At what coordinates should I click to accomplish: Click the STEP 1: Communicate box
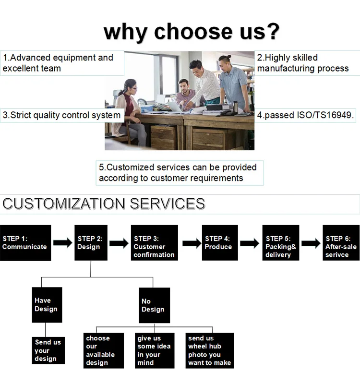(x=25, y=243)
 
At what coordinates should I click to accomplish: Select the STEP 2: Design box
(x=91, y=243)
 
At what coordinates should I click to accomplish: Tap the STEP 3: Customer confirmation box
(x=154, y=243)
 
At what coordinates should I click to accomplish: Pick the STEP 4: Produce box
(x=220, y=243)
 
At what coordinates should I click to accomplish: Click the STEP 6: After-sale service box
(x=341, y=243)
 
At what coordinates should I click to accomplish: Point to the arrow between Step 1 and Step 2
(x=62, y=243)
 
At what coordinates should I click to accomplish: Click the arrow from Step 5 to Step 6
(x=311, y=243)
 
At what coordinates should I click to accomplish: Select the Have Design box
(x=47, y=305)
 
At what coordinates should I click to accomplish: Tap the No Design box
(x=154, y=305)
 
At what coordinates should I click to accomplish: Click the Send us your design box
(x=48, y=350)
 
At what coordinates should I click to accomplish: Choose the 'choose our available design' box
(x=102, y=350)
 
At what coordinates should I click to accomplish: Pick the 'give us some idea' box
(x=155, y=350)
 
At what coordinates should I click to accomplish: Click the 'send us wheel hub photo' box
(x=210, y=350)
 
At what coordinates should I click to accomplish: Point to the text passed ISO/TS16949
(x=306, y=115)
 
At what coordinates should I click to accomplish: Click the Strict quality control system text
(x=61, y=115)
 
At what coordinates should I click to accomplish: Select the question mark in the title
(x=272, y=32)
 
